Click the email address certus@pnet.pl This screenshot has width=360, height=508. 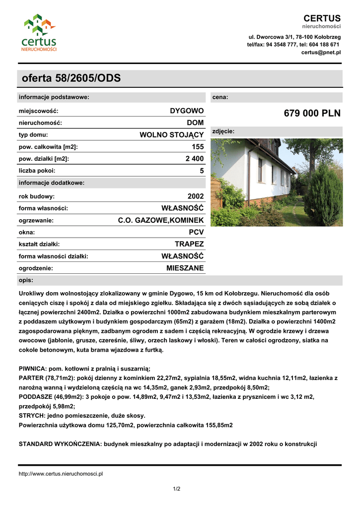(x=321, y=52)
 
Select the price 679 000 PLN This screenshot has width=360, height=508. (x=312, y=113)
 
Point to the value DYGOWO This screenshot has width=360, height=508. (x=187, y=111)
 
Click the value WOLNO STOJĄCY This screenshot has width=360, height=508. (x=172, y=134)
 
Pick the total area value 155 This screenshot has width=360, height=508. (x=198, y=147)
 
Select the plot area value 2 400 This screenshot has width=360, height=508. (x=194, y=159)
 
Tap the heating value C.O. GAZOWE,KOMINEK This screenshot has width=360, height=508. (x=161, y=220)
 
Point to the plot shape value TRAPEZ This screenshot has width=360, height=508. (x=189, y=244)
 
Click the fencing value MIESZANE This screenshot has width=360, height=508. (x=185, y=268)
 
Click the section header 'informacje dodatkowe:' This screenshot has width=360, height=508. (x=52, y=183)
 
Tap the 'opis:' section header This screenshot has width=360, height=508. (x=26, y=280)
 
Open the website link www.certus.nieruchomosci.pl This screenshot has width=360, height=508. (x=61, y=474)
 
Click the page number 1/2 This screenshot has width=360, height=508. (x=176, y=489)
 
